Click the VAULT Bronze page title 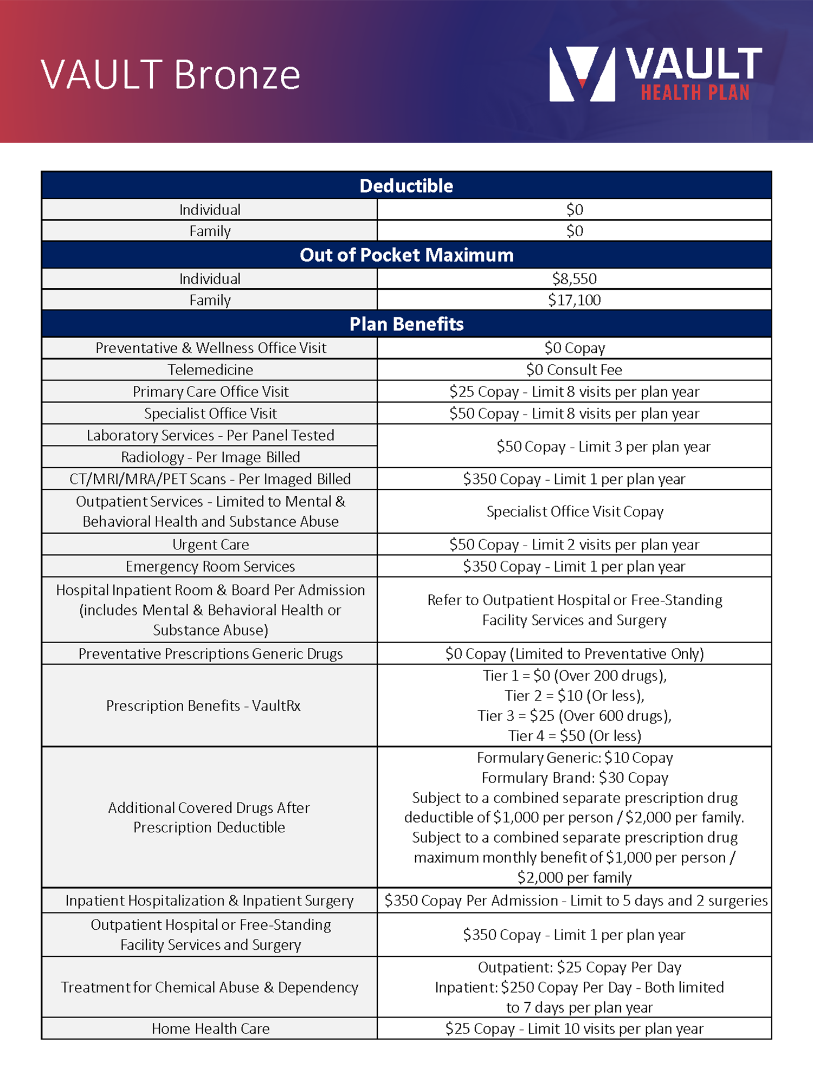click(x=170, y=75)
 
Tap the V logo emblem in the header click(x=582, y=74)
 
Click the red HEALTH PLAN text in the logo click(x=695, y=93)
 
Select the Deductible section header click(x=406, y=186)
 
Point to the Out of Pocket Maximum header click(x=406, y=255)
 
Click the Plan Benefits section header click(x=406, y=324)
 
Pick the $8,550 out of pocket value click(x=574, y=279)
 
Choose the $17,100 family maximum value click(x=574, y=300)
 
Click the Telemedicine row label click(x=210, y=370)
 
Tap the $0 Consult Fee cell click(x=574, y=370)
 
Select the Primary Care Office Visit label click(x=210, y=391)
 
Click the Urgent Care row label click(x=210, y=544)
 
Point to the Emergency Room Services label click(x=210, y=566)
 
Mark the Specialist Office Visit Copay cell click(x=575, y=512)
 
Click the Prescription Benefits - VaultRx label click(x=203, y=705)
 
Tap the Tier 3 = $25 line click(x=574, y=716)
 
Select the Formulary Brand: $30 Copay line click(x=575, y=778)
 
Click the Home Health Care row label click(x=210, y=1028)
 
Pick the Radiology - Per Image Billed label click(x=210, y=457)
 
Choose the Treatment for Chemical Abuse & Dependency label click(x=209, y=987)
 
